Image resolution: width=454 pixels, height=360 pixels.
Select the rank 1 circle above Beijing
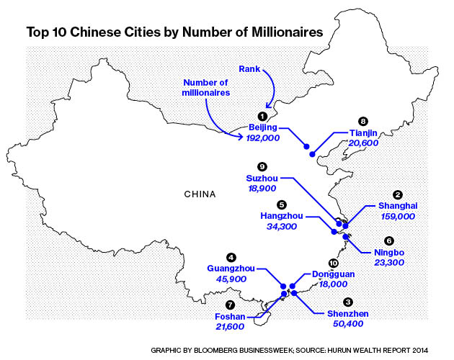point(262,115)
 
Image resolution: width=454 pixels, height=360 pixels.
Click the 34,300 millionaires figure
point(281,226)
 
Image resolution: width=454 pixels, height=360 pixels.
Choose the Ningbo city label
point(389,252)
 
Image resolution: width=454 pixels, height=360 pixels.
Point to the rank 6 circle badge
point(389,240)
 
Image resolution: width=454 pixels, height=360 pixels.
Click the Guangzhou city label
point(231,268)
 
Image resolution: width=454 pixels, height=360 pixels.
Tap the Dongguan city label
point(333,274)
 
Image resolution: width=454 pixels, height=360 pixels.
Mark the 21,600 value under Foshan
point(230,327)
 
